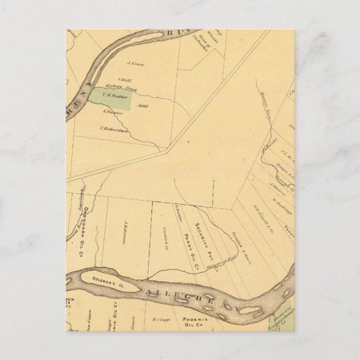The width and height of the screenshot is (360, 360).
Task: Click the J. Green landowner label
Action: (136, 64)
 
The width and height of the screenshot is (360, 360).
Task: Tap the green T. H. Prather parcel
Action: (112, 96)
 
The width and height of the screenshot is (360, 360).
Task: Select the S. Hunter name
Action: (112, 112)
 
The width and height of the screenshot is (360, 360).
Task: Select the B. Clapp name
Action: (160, 320)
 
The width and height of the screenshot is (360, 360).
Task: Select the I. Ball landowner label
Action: (124, 79)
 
